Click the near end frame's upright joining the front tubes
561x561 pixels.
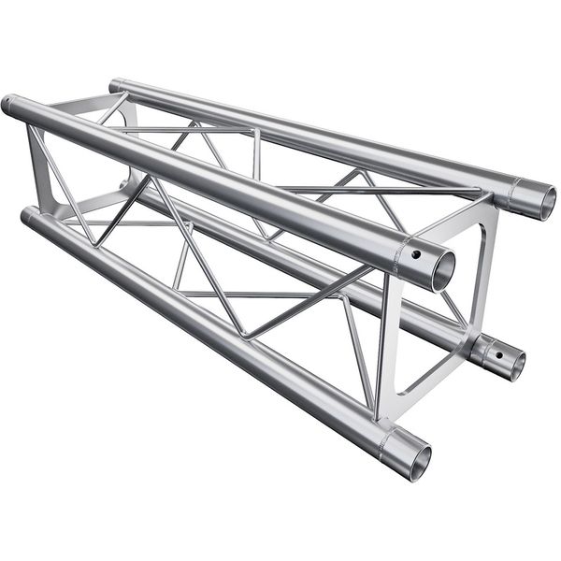[388, 346]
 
